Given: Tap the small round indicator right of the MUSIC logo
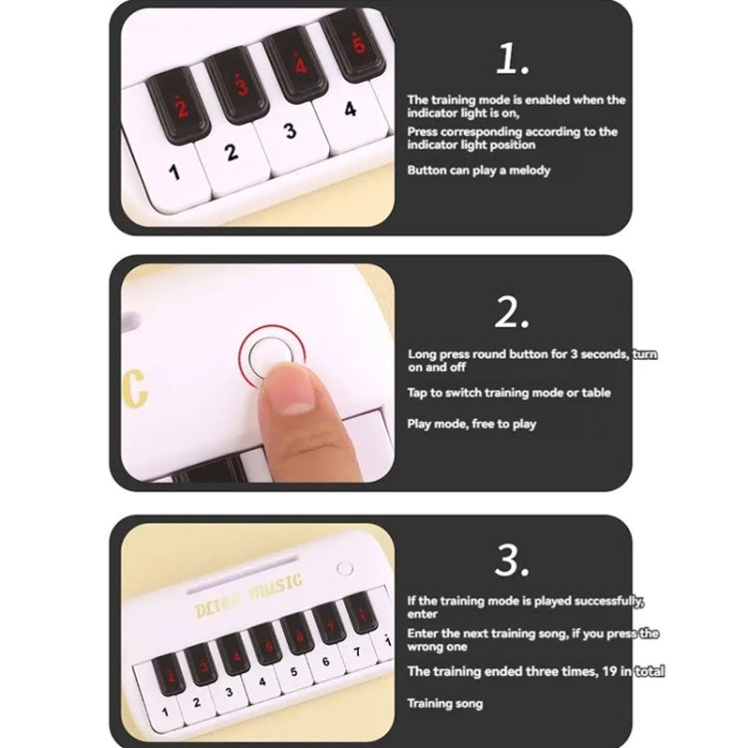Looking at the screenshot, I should [x=346, y=568].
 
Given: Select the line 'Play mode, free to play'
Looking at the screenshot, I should [x=472, y=424].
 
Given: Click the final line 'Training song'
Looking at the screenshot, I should [x=445, y=703].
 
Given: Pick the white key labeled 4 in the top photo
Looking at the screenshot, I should [x=350, y=111].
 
